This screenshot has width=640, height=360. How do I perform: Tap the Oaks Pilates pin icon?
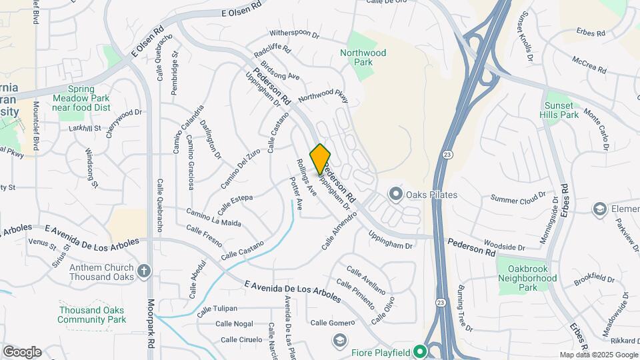click(x=396, y=195)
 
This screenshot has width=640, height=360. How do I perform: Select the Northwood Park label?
click(x=363, y=57)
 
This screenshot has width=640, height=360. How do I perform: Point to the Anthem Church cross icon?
click(x=145, y=271)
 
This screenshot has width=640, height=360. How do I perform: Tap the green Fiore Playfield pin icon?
click(x=419, y=351)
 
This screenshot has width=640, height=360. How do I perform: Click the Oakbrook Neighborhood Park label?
click(x=528, y=278)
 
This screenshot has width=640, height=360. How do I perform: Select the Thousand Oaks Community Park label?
click(x=92, y=315)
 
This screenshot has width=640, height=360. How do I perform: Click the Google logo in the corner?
click(x=22, y=352)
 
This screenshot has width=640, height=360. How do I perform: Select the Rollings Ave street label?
click(x=307, y=177)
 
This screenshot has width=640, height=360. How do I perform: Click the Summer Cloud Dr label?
click(x=518, y=198)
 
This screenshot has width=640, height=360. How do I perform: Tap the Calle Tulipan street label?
click(x=217, y=309)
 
